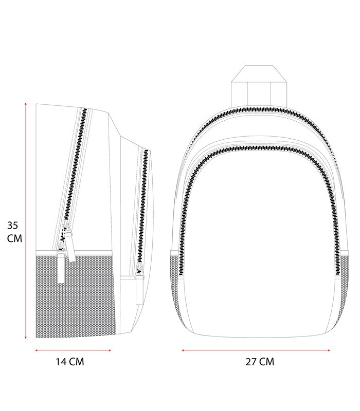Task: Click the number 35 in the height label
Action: point(12,225)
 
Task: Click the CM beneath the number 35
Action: point(14,238)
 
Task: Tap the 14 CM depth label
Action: point(70,362)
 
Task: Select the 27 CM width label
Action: point(260,362)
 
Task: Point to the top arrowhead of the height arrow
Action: point(25,104)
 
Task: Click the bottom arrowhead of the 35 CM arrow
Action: point(25,337)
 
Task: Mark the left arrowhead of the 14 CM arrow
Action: point(37,350)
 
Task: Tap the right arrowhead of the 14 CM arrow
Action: point(110,350)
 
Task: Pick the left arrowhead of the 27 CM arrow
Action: point(183,350)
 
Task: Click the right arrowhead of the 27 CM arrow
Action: point(329,350)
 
